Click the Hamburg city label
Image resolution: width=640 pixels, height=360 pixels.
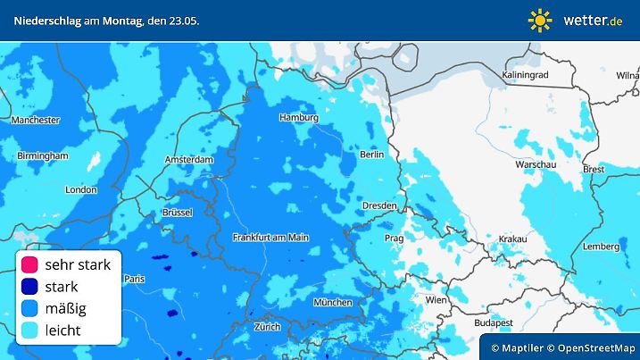pyautogui.click(x=299, y=118)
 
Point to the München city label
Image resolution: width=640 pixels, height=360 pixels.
pyautogui.click(x=332, y=303)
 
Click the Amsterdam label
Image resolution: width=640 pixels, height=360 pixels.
pyautogui.click(x=189, y=160)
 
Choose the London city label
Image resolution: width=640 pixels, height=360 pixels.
pyautogui.click(x=80, y=189)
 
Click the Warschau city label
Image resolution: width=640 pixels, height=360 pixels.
pyautogui.click(x=536, y=165)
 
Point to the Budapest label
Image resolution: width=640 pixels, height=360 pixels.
pyautogui.click(x=493, y=322)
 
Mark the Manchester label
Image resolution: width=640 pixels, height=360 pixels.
pyautogui.click(x=36, y=120)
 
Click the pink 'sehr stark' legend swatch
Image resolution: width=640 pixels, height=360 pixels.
pyautogui.click(x=29, y=265)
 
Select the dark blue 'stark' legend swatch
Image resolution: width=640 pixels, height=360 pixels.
pyautogui.click(x=29, y=287)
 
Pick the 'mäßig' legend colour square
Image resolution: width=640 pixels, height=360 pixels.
pyautogui.click(x=29, y=308)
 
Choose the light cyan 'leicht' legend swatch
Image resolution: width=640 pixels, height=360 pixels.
pyautogui.click(x=29, y=330)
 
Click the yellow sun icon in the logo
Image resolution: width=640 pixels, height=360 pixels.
pyautogui.click(x=541, y=20)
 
